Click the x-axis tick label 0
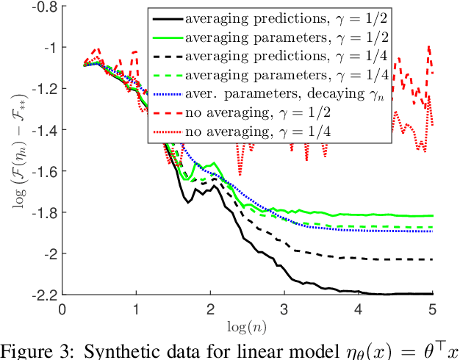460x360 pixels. [x=62, y=309]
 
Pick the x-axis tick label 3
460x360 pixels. [x=284, y=309]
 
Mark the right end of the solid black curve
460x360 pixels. [x=431, y=294]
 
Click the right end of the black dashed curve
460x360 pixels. [x=431, y=259]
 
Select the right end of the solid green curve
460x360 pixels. [x=431, y=216]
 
